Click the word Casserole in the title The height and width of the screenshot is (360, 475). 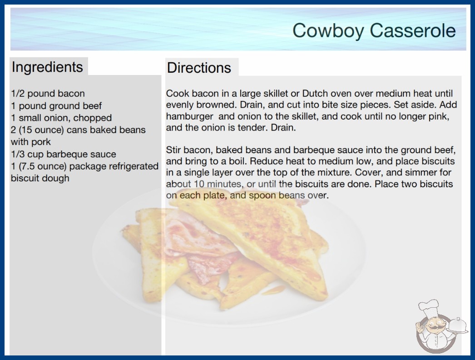[413, 30]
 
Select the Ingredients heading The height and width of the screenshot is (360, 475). [47, 67]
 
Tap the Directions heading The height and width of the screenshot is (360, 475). [199, 68]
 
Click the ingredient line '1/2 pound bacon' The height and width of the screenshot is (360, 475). [48, 94]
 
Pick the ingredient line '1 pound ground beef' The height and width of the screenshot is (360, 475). [56, 106]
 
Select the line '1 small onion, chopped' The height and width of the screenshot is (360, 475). [61, 118]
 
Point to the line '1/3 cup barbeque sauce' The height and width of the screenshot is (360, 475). [63, 154]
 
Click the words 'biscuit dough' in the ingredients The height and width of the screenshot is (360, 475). [40, 178]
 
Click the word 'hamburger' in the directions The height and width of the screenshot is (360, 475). [190, 116]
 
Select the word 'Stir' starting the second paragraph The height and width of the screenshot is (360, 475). [173, 150]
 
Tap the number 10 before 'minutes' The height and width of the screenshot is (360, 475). [199, 184]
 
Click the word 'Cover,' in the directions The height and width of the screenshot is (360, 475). [370, 173]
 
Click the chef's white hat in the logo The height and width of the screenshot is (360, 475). [428, 308]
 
